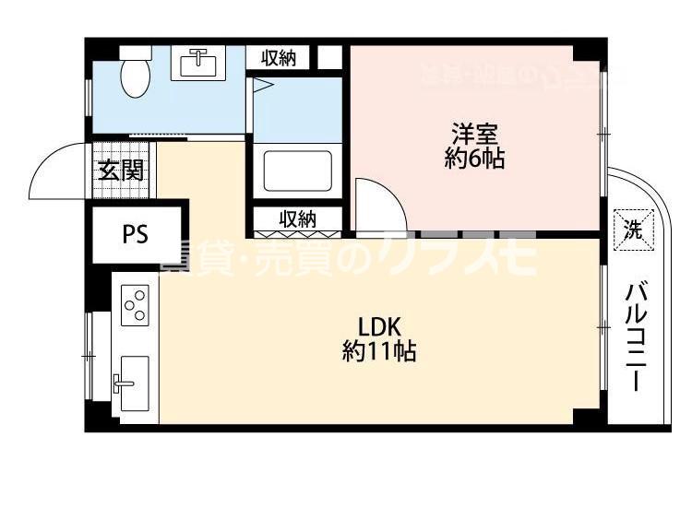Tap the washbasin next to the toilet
(197, 63)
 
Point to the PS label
(136, 234)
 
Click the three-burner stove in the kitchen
(135, 304)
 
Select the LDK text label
(378, 326)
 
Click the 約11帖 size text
(378, 350)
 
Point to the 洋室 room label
(474, 133)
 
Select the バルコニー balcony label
(635, 337)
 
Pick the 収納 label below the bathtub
(298, 219)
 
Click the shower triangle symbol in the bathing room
(262, 88)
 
